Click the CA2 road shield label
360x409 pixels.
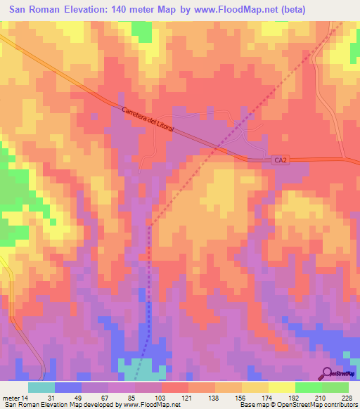coord(280,161)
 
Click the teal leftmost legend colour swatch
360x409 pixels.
coord(41,387)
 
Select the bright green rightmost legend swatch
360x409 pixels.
coord(335,387)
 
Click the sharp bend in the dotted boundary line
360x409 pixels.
coord(150,226)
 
